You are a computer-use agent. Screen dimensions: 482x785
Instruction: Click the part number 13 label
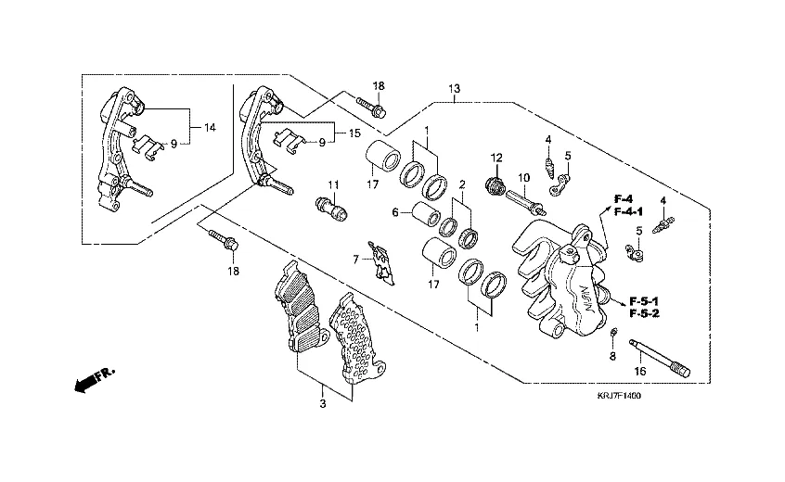tap(454, 89)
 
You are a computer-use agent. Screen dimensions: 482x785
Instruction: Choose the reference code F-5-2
tap(644, 314)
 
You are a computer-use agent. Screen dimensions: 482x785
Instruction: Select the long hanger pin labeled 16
tap(660, 359)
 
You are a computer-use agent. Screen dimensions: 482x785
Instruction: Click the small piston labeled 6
tap(425, 219)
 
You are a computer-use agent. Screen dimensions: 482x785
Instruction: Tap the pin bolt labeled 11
tap(331, 206)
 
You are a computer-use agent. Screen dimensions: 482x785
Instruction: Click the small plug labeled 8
tap(614, 333)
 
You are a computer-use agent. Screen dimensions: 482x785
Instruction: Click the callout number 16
tap(638, 372)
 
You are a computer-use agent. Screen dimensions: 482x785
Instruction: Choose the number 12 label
tap(496, 157)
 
